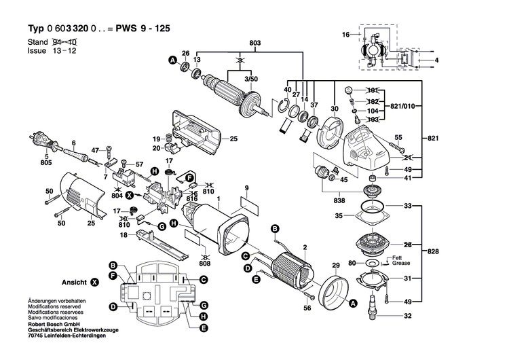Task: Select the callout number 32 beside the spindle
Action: [x=408, y=316]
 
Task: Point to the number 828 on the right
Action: [x=432, y=252]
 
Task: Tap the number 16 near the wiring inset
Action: [x=345, y=34]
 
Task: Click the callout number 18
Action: [x=124, y=235]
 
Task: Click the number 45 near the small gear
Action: [x=343, y=179]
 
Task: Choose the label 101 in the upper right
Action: [x=372, y=91]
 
